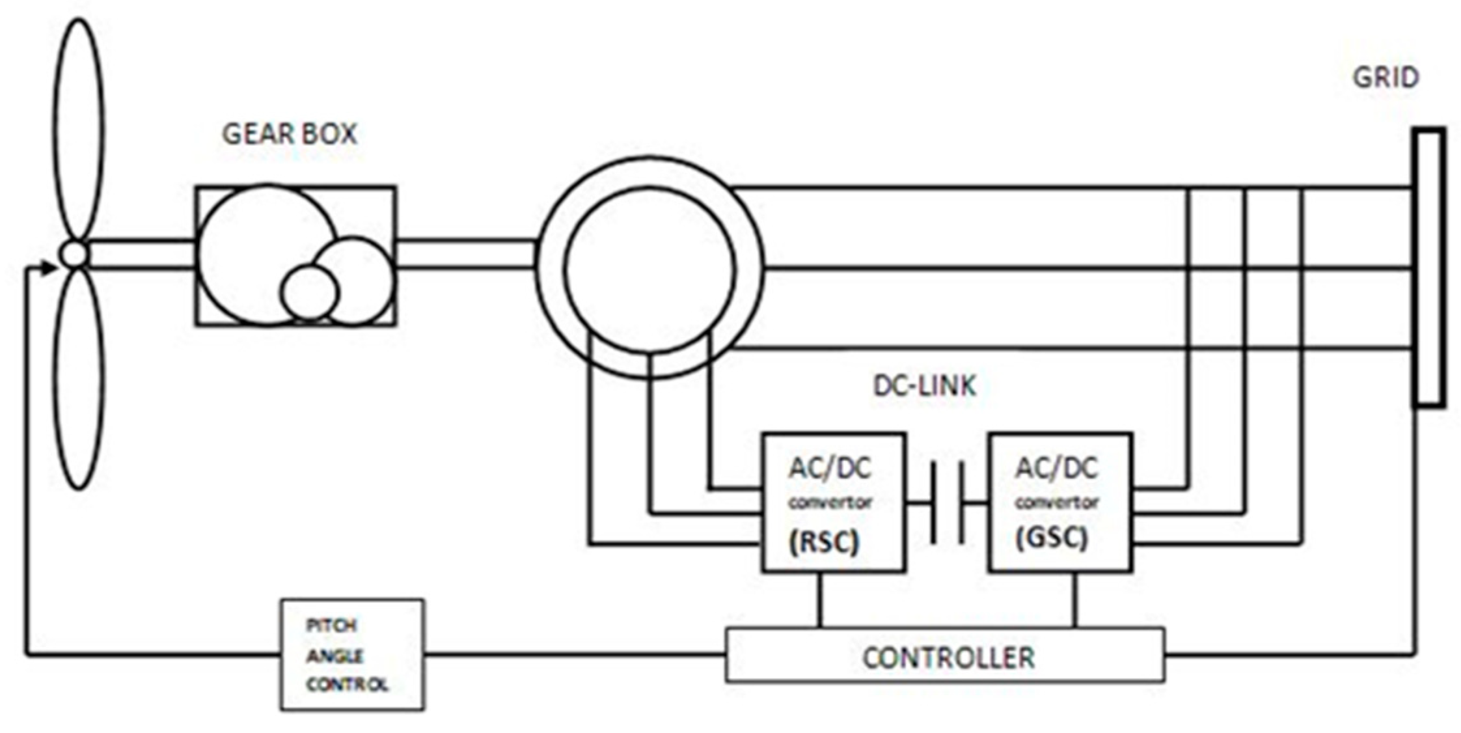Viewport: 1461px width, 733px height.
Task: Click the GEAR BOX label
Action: [290, 134]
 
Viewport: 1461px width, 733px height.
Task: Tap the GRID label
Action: [1386, 78]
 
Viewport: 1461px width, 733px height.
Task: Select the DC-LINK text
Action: [924, 386]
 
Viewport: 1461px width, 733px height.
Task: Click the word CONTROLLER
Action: [948, 657]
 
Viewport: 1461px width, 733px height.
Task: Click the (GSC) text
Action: [1051, 538]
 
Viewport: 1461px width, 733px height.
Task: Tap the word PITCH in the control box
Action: [331, 626]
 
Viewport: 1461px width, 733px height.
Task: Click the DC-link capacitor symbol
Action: [948, 503]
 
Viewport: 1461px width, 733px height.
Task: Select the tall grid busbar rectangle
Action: [1429, 267]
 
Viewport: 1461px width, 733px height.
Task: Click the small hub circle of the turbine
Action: [75, 255]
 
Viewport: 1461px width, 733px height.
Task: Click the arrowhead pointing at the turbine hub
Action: [48, 268]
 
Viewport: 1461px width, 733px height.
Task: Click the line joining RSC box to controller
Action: [820, 600]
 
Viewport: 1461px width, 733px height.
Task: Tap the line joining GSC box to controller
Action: [1074, 600]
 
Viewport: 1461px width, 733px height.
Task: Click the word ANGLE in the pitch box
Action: [335, 656]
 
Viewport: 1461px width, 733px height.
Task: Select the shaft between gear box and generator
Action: [466, 255]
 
